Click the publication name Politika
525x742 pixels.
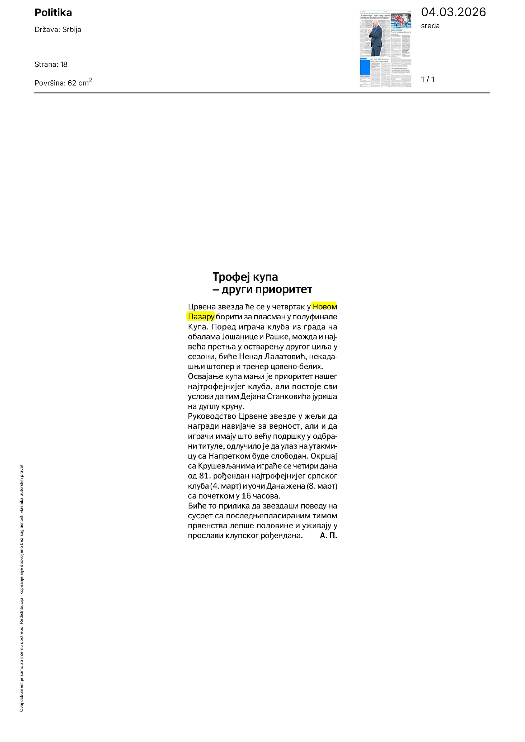tap(53, 13)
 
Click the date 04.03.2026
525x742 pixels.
tap(453, 12)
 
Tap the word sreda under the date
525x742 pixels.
tap(430, 26)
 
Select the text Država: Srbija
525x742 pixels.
tap(58, 30)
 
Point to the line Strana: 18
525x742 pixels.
tap(51, 65)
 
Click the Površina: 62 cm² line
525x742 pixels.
tap(63, 82)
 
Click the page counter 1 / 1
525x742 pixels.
tap(427, 80)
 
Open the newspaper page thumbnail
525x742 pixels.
tap(385, 49)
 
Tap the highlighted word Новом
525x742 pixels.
tap(325, 307)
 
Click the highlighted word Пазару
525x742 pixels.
tap(201, 317)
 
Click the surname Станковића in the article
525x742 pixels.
tap(289, 397)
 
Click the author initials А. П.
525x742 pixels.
tap(328, 535)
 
